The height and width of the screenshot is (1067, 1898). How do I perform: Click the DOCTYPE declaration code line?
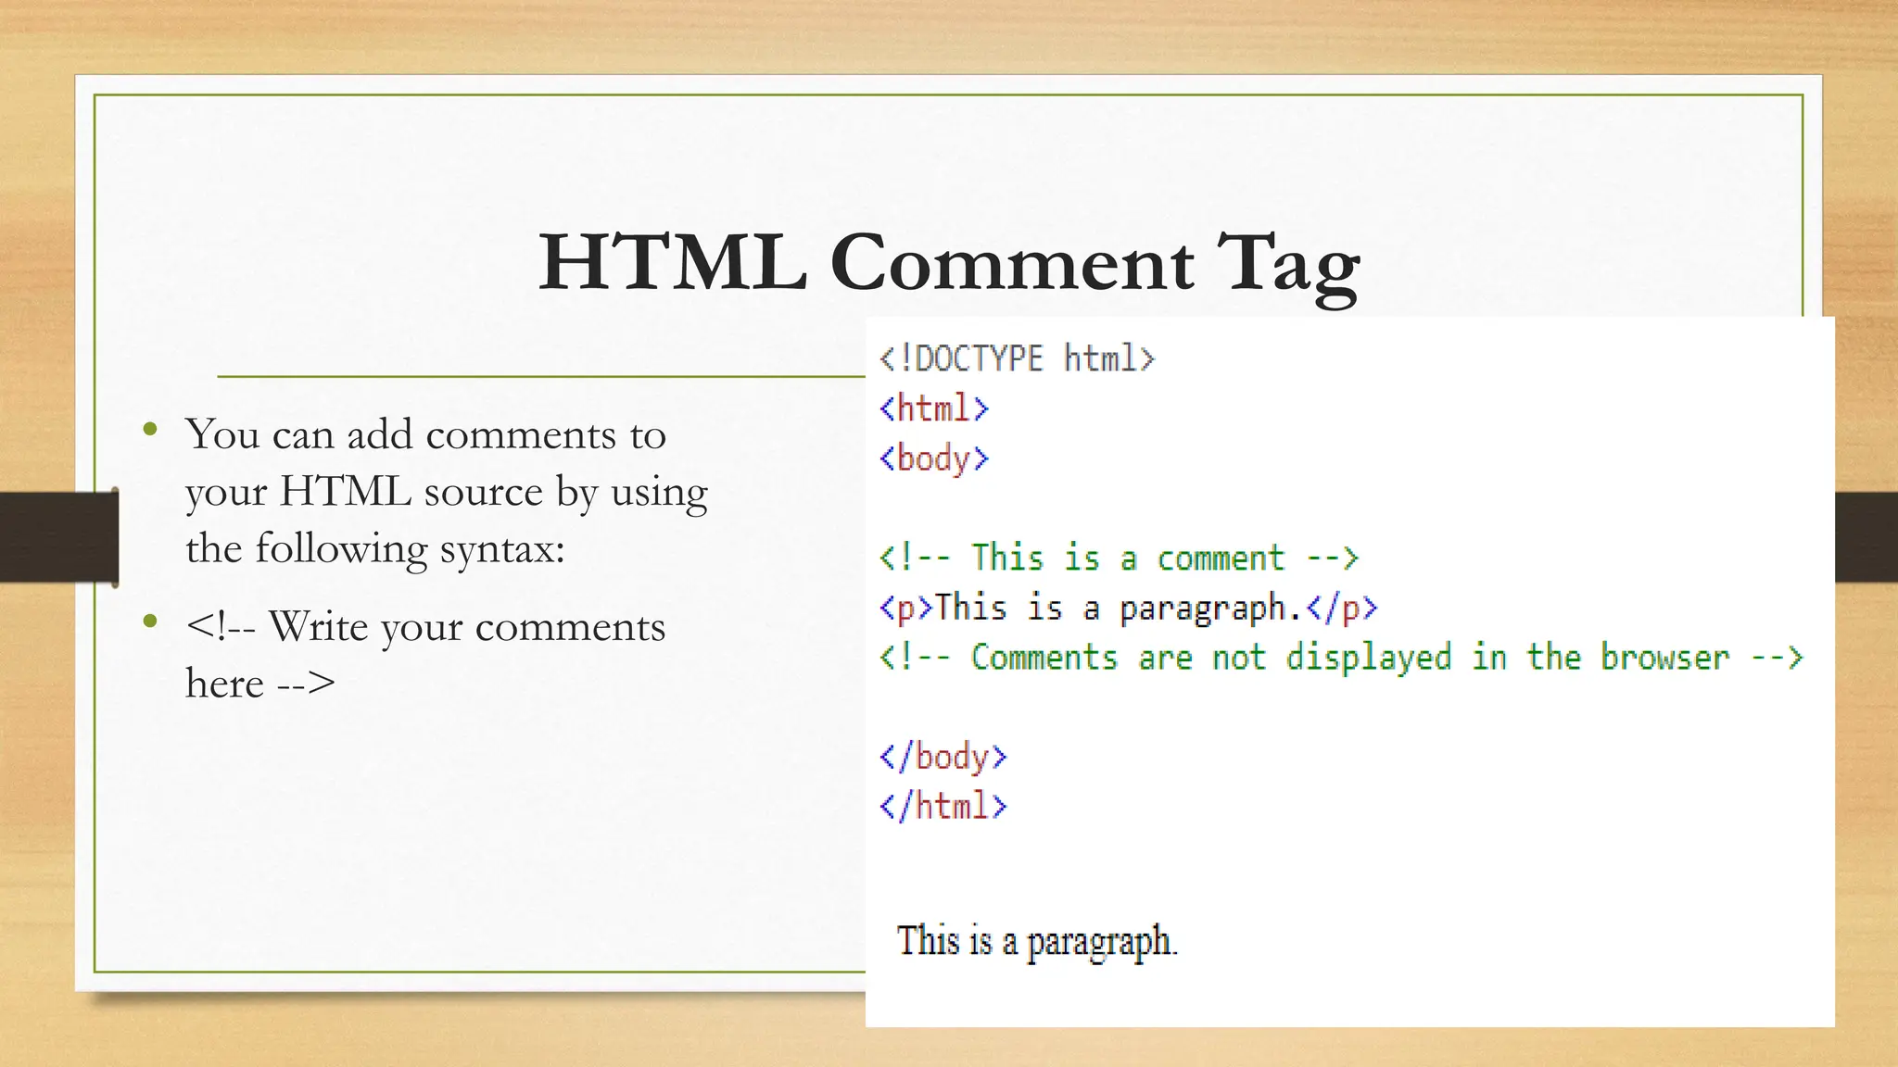click(x=1017, y=358)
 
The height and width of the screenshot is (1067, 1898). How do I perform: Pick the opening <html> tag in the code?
click(x=934, y=408)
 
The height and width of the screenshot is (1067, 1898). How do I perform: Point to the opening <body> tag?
click(x=934, y=458)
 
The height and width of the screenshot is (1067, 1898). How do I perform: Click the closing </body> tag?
click(x=943, y=757)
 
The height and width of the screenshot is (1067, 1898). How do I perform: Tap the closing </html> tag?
click(x=943, y=806)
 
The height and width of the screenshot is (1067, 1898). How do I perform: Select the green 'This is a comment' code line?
click(x=1119, y=558)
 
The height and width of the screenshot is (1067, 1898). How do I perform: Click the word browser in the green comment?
click(x=1664, y=658)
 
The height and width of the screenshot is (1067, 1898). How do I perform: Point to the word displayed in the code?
click(x=1368, y=658)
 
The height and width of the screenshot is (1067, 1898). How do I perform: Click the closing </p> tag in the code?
click(x=1342, y=609)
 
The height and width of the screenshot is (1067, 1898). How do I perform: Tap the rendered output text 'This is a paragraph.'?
click(x=1036, y=942)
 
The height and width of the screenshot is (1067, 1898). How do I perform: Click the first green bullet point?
click(x=150, y=429)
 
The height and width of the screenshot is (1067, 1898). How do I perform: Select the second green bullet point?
click(x=150, y=621)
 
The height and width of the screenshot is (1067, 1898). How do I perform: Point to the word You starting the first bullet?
click(x=222, y=434)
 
